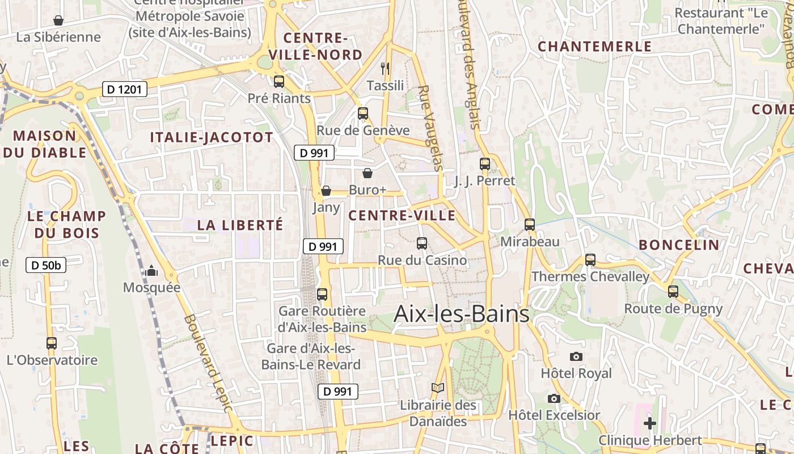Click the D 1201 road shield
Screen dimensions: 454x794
[125, 89]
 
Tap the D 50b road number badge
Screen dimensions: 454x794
[46, 265]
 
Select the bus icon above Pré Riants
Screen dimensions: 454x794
[278, 81]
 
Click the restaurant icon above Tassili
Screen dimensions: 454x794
[386, 69]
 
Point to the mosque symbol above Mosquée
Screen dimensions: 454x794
[151, 271]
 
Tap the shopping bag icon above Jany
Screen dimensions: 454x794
[326, 191]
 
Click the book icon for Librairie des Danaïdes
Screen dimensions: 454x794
[437, 388]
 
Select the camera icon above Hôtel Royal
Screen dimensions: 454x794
[576, 356]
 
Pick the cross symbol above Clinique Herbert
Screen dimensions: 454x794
[650, 423]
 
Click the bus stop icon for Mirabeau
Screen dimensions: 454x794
[530, 225]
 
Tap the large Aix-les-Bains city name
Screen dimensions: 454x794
[461, 314]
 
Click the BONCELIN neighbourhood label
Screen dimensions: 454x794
[679, 245]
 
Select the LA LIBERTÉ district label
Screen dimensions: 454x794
[240, 225]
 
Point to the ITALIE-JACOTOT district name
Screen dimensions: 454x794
[212, 137]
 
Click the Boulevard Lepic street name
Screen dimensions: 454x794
[208, 363]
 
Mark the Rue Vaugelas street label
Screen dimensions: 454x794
[429, 128]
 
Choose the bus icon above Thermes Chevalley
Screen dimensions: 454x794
[590, 260]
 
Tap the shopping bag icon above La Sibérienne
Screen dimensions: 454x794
[58, 21]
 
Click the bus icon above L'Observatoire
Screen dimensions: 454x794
[52, 343]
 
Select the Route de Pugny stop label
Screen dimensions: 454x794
[673, 309]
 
